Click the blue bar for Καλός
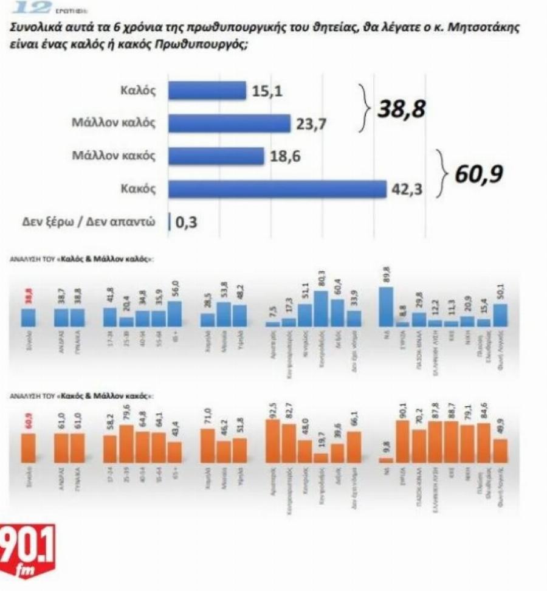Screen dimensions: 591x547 (x=207, y=91)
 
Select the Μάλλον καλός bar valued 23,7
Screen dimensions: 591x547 (x=229, y=123)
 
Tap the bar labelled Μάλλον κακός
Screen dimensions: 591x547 (x=216, y=156)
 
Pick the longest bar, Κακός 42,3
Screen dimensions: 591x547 (x=277, y=189)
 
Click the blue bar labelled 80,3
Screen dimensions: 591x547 (x=322, y=309)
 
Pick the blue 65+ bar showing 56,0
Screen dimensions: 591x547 (x=175, y=314)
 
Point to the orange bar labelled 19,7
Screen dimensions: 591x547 (x=322, y=458)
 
